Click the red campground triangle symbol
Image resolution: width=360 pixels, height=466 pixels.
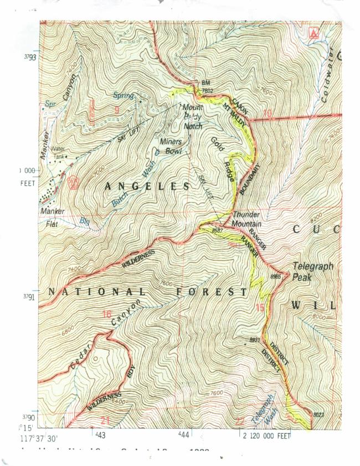(315, 34)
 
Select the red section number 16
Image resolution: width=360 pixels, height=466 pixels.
(107, 314)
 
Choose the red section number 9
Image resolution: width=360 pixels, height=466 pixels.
(116, 110)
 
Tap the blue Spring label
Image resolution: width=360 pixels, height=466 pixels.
(124, 96)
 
